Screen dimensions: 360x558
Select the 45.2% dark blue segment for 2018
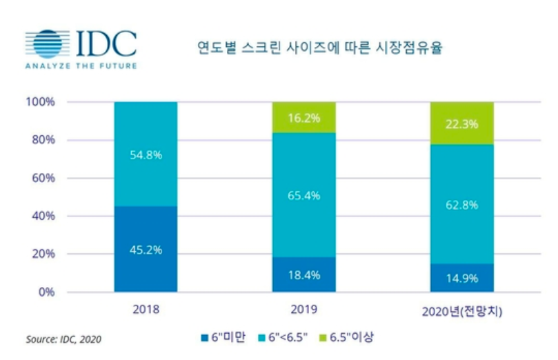146,249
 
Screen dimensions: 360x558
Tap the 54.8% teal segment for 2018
146,154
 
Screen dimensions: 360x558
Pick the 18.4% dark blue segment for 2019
304,274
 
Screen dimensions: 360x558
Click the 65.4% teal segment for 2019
304,195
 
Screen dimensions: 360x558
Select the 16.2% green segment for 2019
304,118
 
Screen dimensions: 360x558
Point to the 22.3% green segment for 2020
462,123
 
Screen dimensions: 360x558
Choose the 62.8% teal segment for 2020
462,204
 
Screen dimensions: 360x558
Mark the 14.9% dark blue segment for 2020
462,278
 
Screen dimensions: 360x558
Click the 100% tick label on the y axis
41,103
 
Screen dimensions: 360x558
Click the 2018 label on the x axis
146,311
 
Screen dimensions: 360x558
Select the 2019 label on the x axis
304,311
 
